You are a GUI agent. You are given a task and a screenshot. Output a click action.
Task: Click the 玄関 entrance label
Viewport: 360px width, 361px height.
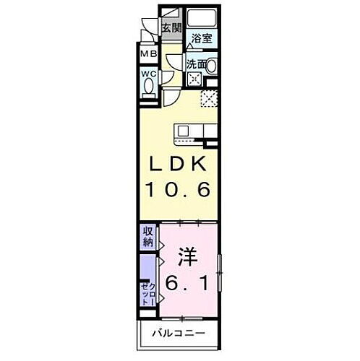point(171,28)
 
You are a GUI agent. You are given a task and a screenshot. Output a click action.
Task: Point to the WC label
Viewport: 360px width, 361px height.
point(148,73)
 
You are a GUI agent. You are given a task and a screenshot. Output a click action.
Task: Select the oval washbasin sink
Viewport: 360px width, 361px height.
point(213,65)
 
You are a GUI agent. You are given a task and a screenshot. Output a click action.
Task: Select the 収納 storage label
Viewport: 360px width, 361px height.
point(147,237)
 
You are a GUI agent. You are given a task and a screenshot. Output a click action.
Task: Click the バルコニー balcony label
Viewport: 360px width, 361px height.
point(179,334)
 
